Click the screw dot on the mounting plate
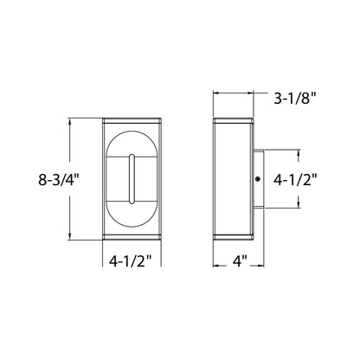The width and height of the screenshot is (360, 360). [259, 179]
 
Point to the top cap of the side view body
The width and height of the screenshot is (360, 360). [231, 119]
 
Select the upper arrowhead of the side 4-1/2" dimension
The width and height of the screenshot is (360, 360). [299, 152]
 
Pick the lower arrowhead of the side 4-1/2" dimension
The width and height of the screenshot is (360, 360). [299, 206]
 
